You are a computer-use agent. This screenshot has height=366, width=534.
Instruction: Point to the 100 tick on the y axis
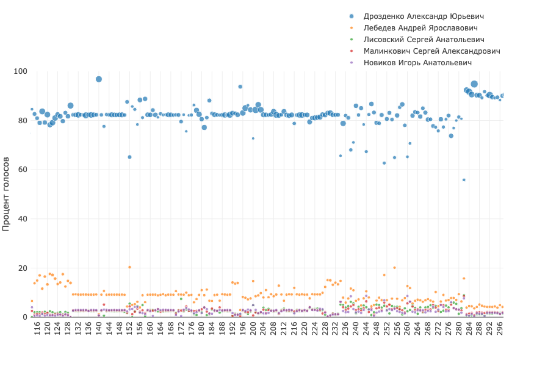click(21, 71)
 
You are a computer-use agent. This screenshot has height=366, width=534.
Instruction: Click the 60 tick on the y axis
click(23, 170)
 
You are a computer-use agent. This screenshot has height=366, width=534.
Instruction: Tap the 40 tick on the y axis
click(23, 219)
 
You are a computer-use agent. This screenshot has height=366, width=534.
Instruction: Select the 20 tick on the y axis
click(23, 268)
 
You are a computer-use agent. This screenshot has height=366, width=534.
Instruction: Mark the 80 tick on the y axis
click(23, 121)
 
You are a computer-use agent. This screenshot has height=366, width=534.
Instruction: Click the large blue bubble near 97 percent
click(99, 79)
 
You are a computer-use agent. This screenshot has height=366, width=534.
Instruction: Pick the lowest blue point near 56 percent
click(464, 180)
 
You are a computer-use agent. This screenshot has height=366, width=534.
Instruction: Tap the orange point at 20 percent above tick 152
click(129, 267)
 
